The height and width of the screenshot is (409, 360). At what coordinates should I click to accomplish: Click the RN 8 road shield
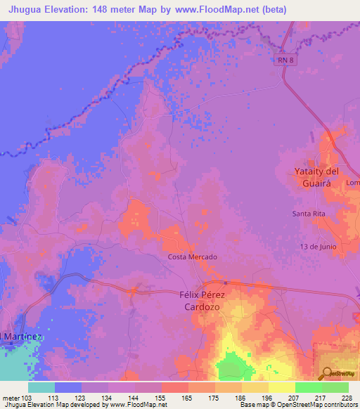pyautogui.click(x=283, y=60)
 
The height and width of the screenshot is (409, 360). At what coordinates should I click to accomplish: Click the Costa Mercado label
pyautogui.click(x=192, y=257)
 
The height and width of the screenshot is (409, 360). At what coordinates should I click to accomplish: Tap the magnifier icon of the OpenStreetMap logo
pyautogui.click(x=328, y=373)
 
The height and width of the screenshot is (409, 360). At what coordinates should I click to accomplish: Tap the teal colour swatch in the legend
pyautogui.click(x=41, y=387)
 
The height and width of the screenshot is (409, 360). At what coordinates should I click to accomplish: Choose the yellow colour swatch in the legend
pyautogui.click(x=281, y=387)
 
